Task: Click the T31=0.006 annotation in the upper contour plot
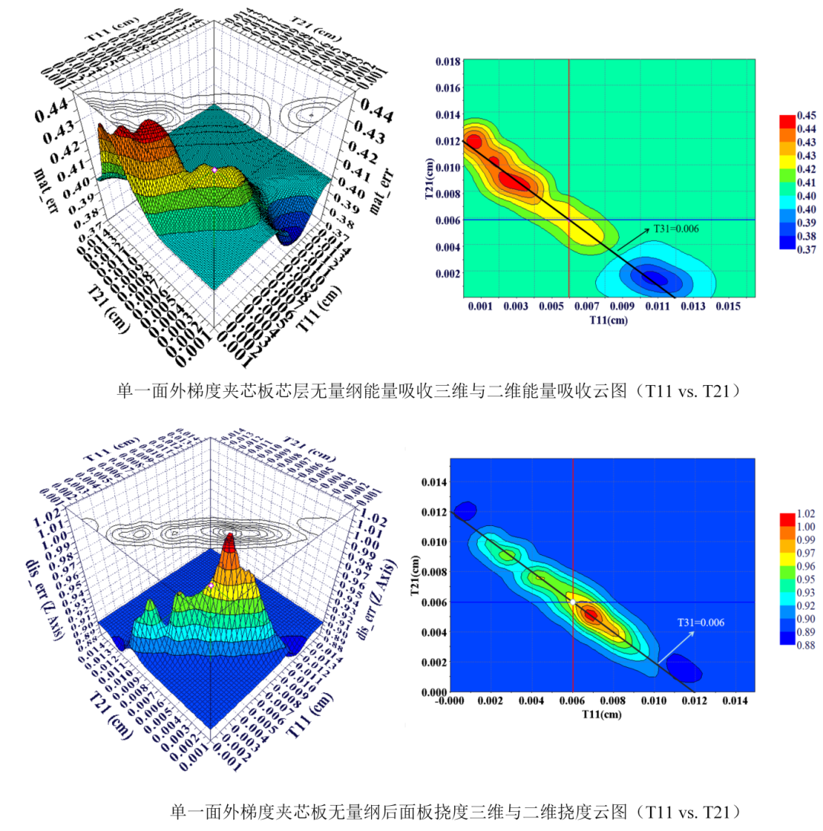(676, 228)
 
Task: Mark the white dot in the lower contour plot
(572, 602)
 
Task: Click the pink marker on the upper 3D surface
(215, 169)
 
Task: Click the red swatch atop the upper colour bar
(787, 120)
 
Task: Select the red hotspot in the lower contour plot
(589, 614)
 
